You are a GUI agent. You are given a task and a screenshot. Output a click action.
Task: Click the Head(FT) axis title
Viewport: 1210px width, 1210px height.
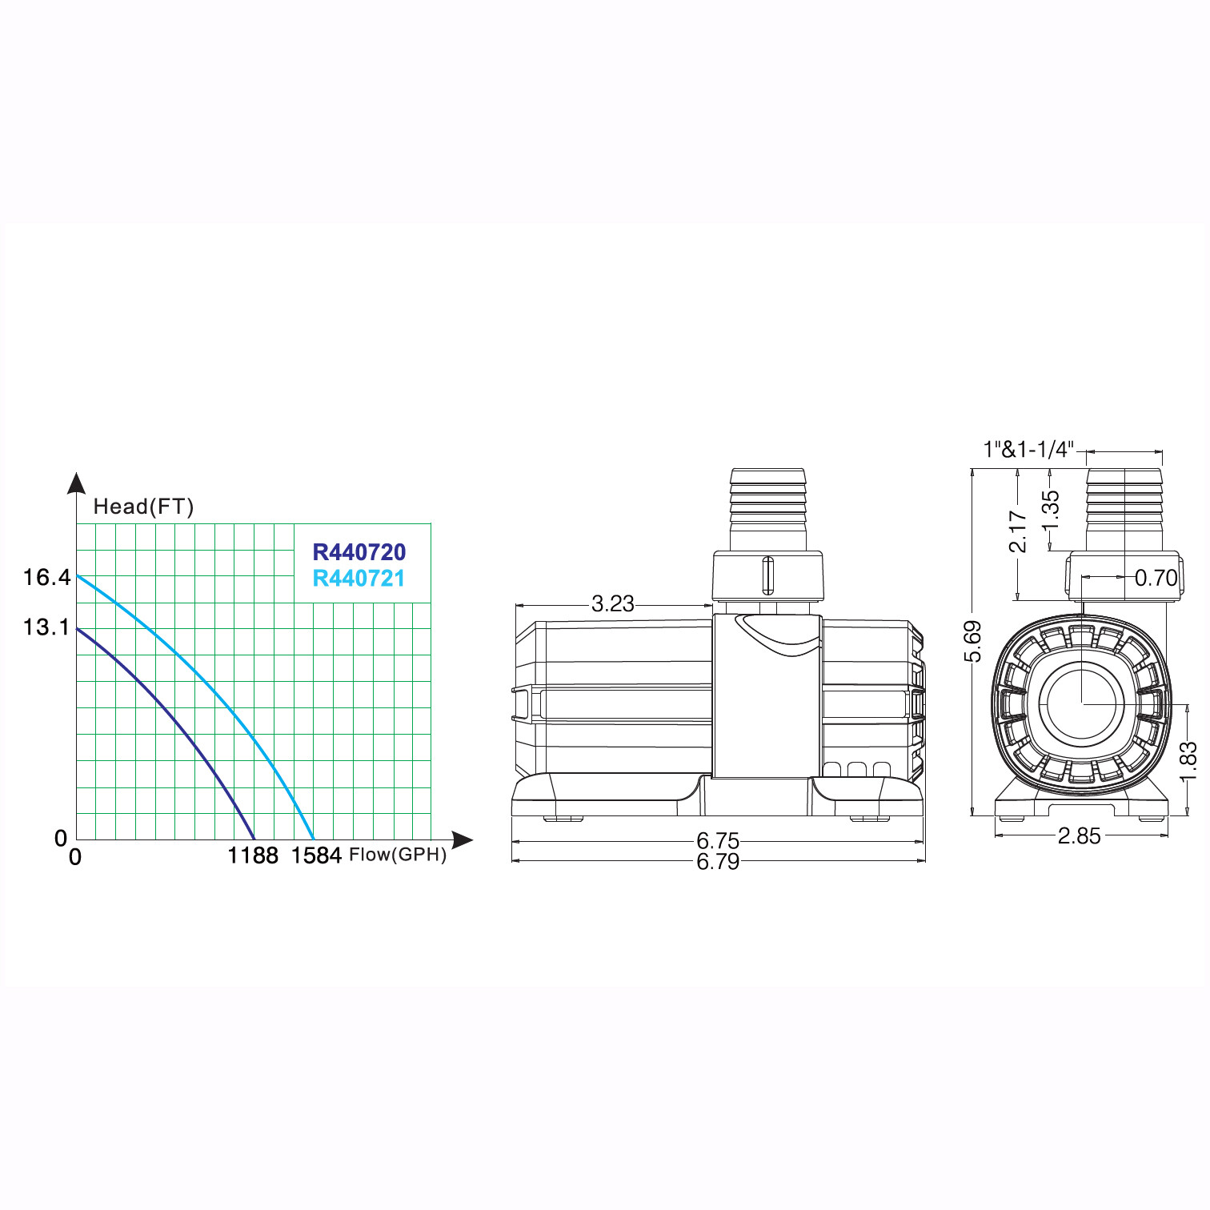[x=143, y=507]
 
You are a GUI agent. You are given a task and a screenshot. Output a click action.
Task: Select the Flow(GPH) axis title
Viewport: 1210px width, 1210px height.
[x=398, y=855]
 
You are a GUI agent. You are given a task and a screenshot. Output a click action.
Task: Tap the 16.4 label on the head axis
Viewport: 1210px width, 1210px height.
[x=47, y=577]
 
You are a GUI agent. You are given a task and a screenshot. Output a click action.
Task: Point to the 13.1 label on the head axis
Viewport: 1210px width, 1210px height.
[x=47, y=627]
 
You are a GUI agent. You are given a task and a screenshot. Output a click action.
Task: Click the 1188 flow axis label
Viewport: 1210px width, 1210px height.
[x=253, y=855]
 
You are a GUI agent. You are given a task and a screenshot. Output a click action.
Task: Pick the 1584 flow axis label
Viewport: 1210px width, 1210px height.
[x=316, y=855]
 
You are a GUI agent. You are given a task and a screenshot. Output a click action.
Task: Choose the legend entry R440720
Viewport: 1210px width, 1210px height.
[x=359, y=552]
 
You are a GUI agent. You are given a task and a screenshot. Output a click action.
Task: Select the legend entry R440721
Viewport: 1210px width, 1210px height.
[x=359, y=578]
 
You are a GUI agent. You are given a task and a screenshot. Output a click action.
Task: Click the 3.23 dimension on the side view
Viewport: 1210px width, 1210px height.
[x=613, y=603]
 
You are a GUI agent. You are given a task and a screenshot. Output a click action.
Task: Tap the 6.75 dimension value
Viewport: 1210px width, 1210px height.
[x=718, y=840]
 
